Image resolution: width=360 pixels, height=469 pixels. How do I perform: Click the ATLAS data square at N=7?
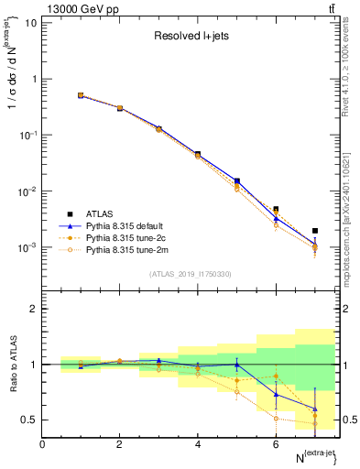coord(315,231)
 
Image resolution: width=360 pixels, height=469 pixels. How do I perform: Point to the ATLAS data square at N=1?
coord(81,95)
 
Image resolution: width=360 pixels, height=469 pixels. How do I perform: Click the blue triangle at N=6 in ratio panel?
coord(276,395)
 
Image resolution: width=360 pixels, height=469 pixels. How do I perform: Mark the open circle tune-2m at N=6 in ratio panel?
coord(276,419)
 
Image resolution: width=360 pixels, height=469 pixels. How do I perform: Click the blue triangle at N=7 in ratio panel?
coord(315,409)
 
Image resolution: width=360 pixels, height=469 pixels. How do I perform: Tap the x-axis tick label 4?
coord(198,444)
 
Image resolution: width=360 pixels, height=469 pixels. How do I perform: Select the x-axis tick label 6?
coord(276,444)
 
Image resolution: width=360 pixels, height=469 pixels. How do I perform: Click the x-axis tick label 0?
coord(42,444)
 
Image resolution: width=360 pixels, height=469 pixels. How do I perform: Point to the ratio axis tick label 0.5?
coord(29,420)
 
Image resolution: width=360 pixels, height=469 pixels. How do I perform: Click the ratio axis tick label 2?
coord(33,309)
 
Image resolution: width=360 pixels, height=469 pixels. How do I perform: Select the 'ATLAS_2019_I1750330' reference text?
coord(190,274)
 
